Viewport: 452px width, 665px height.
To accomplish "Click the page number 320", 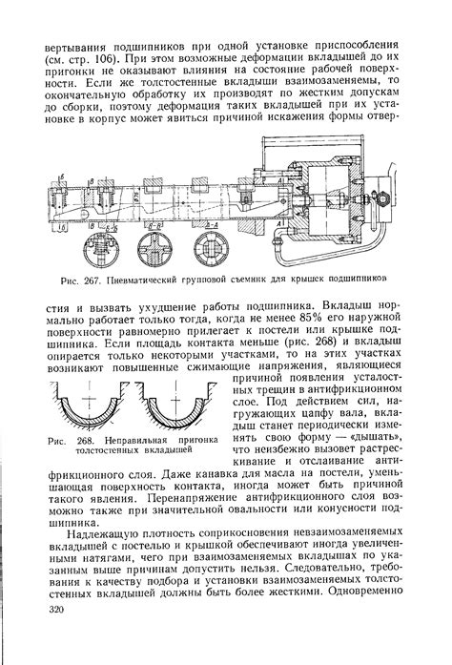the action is point(56,611).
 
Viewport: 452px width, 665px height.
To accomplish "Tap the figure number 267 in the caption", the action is point(92,281).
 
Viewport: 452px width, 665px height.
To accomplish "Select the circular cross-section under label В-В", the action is point(154,247).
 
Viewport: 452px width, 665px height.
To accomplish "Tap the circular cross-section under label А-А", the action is point(211,247).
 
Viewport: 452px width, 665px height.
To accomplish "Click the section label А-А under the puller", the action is point(212,224).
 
